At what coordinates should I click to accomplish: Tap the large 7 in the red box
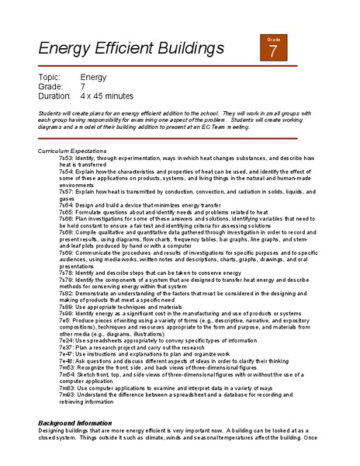pyautogui.click(x=273, y=52)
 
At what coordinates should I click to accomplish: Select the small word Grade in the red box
pyautogui.click(x=273, y=39)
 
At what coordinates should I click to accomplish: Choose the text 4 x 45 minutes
pyautogui.click(x=107, y=96)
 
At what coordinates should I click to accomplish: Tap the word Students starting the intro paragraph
pyautogui.click(x=50, y=113)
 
